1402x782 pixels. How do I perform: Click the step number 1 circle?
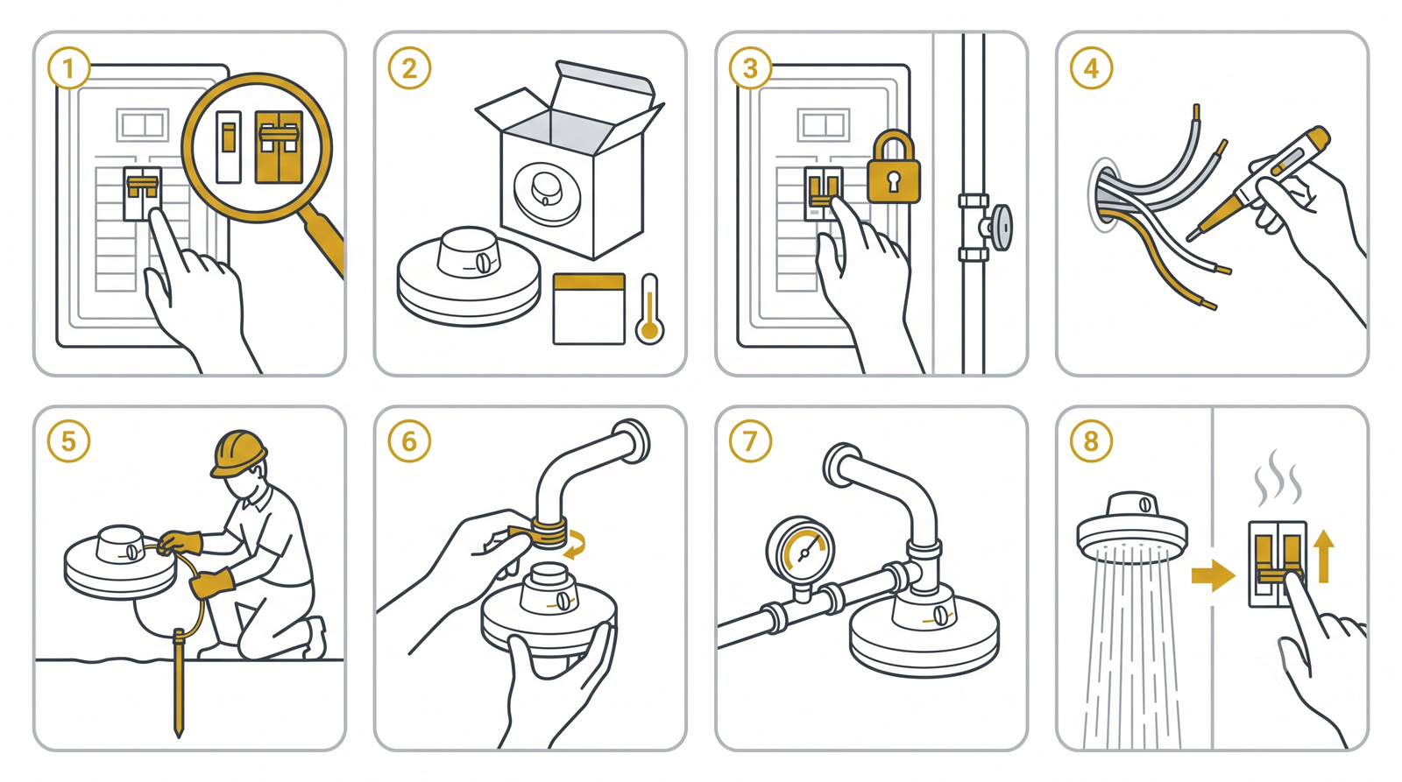click(69, 67)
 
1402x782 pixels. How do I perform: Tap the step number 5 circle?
click(69, 441)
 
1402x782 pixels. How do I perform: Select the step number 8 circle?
click(1091, 441)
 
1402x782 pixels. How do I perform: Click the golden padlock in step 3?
click(893, 167)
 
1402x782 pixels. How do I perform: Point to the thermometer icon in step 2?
click(649, 309)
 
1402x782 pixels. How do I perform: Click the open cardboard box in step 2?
click(570, 159)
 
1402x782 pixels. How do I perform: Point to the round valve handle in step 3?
click(1002, 227)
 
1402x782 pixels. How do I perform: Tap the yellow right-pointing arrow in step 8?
click(1213, 575)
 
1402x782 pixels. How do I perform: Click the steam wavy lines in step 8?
click(1277, 478)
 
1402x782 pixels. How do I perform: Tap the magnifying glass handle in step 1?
click(323, 242)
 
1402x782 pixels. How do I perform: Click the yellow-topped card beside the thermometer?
click(589, 308)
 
